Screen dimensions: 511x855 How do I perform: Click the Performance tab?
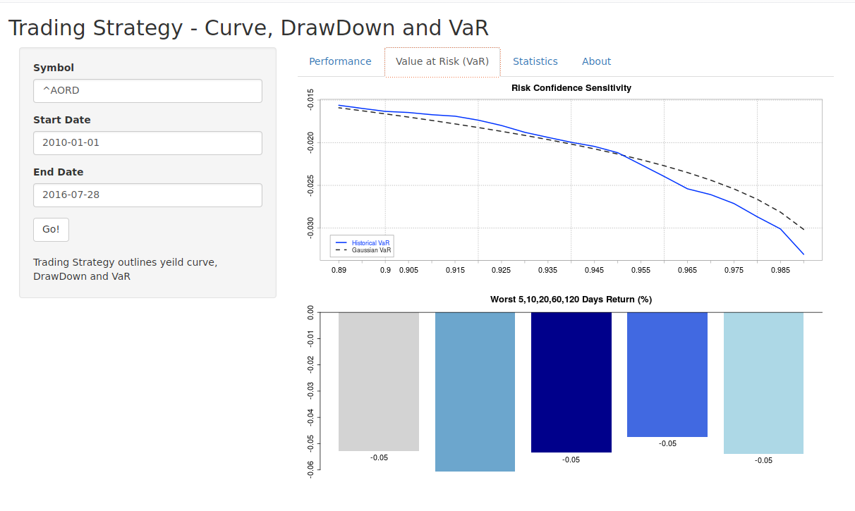click(340, 61)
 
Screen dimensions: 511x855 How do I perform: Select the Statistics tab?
click(535, 61)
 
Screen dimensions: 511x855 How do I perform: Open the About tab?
click(596, 61)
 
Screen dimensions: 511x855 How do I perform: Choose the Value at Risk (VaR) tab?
click(442, 61)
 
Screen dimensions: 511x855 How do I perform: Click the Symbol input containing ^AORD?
click(147, 91)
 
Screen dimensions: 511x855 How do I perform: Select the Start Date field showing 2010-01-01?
click(147, 143)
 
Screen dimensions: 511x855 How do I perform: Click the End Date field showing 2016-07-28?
click(147, 195)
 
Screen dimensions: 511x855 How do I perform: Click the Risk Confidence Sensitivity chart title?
click(571, 88)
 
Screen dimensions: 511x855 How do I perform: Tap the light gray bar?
click(379, 381)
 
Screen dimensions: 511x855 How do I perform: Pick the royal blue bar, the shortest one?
click(667, 374)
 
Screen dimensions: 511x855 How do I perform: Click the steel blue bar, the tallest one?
click(475, 391)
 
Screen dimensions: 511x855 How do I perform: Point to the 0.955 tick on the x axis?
click(641, 270)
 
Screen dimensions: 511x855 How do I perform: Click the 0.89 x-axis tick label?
click(339, 270)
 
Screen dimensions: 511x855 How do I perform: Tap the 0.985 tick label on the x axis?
click(780, 270)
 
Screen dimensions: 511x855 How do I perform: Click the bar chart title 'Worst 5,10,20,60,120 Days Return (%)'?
click(571, 300)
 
